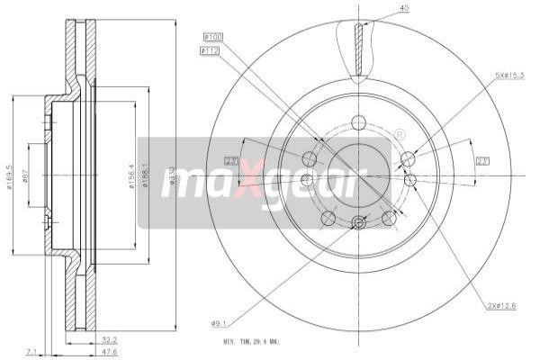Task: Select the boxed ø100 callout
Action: [x=212, y=36]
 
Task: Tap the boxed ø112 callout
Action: [x=212, y=50]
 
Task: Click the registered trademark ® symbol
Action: [x=400, y=135]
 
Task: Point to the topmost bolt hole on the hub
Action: [x=359, y=123]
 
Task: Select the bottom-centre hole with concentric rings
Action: [x=359, y=223]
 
